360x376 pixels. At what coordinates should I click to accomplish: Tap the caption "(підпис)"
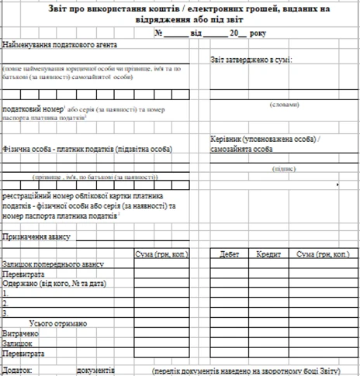point(284,167)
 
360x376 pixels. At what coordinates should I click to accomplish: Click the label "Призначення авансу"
point(36,237)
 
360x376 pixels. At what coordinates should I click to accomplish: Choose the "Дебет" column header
point(230,254)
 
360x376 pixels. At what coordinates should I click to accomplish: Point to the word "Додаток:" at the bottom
point(17,371)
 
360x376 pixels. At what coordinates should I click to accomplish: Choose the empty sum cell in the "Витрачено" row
point(159,333)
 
